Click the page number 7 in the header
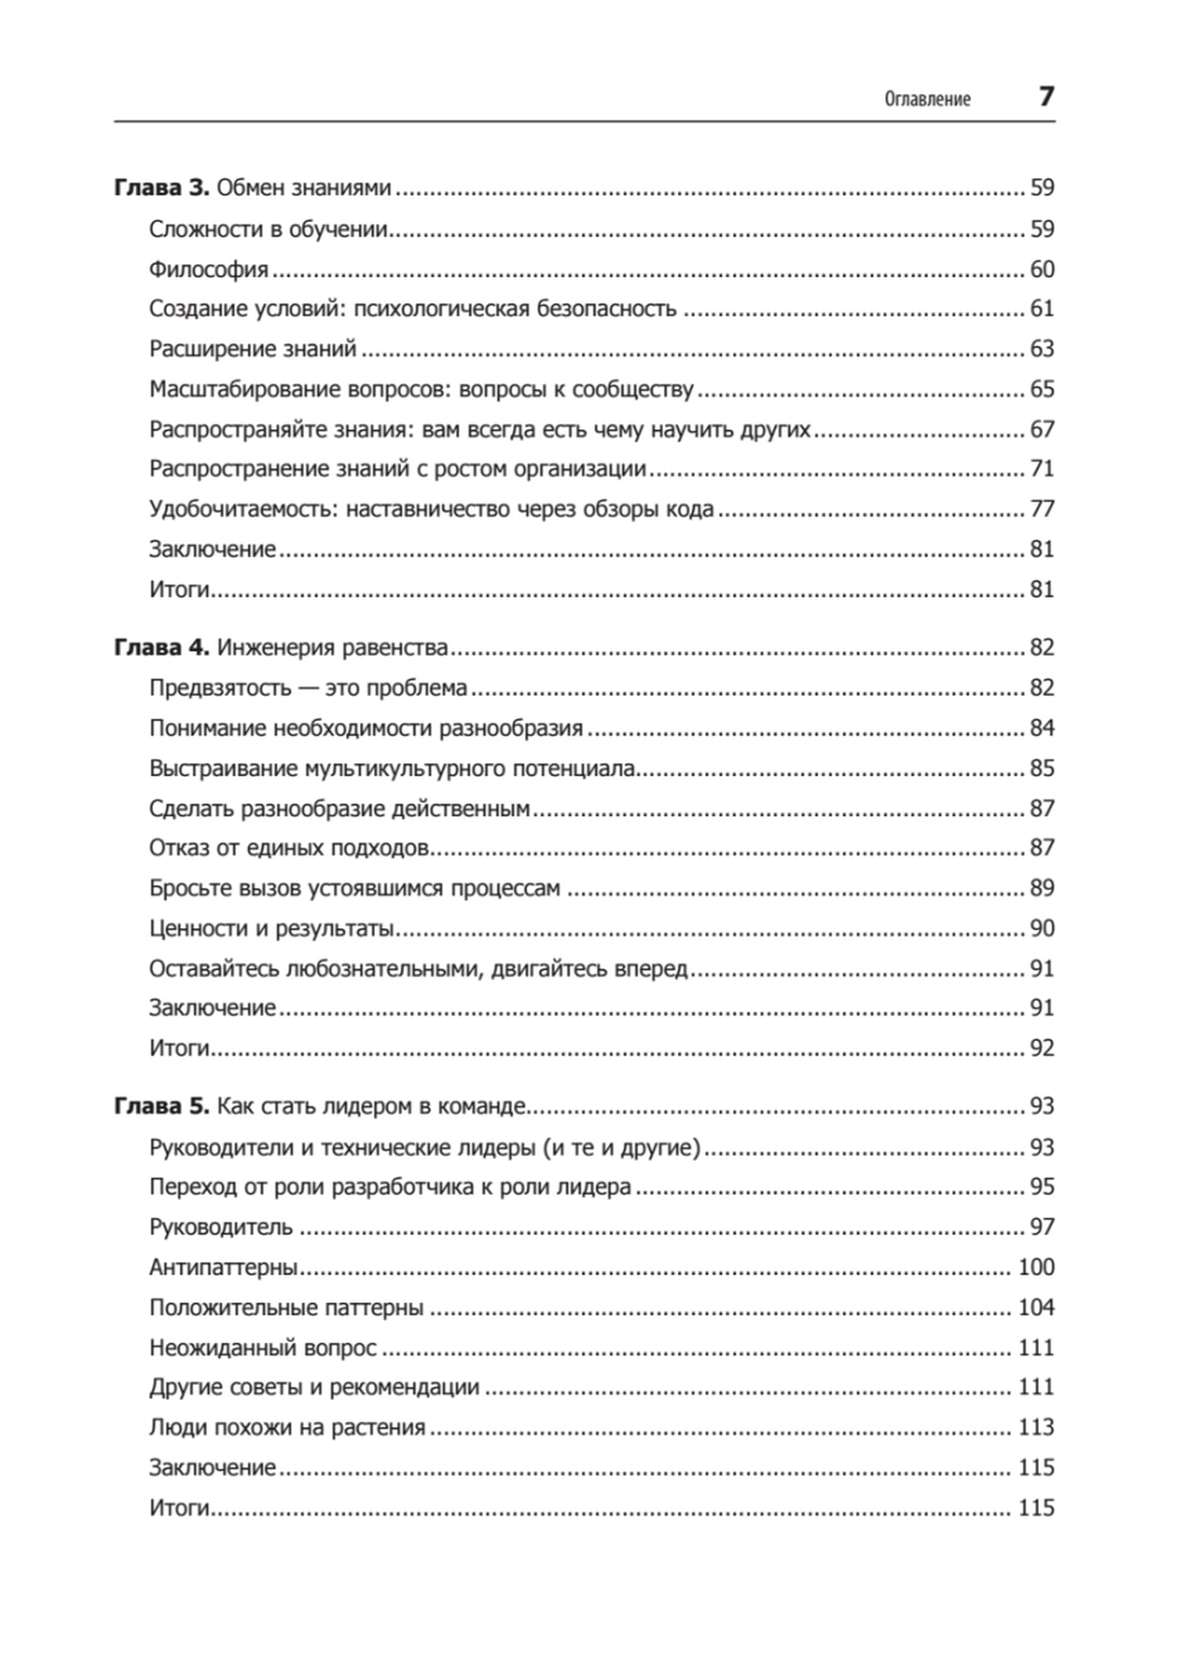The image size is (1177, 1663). (1046, 96)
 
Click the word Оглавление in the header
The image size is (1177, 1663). (927, 99)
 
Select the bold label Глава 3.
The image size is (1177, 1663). (162, 187)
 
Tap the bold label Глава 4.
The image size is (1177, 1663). (162, 647)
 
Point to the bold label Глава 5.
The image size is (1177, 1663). (162, 1106)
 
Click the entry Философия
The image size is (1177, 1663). (209, 269)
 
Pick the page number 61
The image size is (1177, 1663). (1041, 308)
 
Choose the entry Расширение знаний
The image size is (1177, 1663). (253, 348)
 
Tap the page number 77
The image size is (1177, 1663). (1041, 508)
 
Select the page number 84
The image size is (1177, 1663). (1041, 728)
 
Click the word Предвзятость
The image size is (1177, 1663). (220, 688)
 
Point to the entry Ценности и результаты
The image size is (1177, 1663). (271, 929)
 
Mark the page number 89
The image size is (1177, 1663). (1041, 888)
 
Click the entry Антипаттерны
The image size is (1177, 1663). (224, 1268)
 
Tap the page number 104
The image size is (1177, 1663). (1036, 1308)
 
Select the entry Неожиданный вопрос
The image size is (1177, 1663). (263, 1348)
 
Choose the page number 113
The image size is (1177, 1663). (1036, 1427)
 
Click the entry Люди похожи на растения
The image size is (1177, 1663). (287, 1428)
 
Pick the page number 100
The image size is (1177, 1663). (1036, 1267)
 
